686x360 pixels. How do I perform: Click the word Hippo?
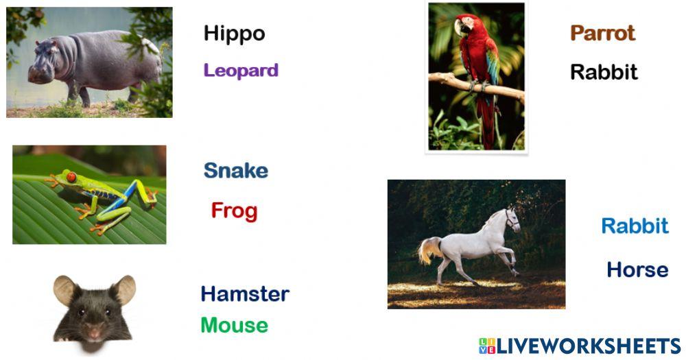234,34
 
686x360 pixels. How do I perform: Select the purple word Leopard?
241,70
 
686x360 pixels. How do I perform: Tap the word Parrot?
602,33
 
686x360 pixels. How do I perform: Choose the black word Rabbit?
604,72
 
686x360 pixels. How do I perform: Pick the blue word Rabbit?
635,226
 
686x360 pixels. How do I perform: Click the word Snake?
235,171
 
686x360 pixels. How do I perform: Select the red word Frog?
234,211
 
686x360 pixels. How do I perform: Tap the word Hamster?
245,294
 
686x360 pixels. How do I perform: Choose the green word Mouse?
234,325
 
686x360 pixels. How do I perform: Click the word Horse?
637,269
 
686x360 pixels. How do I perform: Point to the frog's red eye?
71,177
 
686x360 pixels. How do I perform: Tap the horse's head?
510,219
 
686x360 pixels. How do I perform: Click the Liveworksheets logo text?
580,346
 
